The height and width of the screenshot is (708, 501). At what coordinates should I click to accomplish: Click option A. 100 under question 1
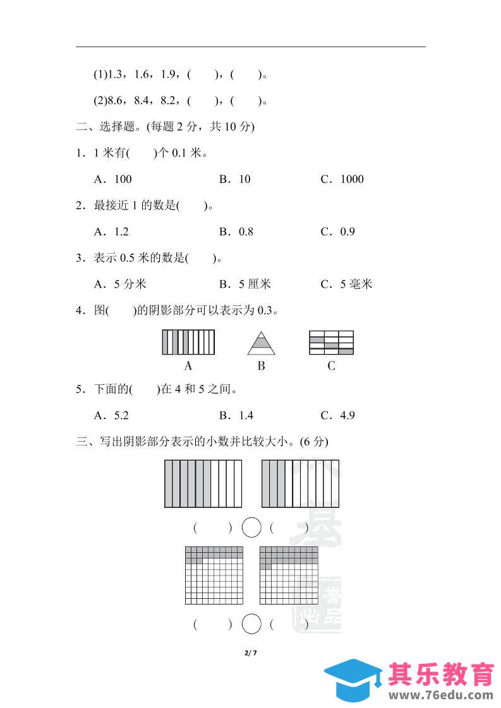click(113, 179)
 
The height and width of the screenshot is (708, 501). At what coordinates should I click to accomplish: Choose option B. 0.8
click(236, 232)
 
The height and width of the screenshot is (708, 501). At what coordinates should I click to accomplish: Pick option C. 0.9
click(338, 232)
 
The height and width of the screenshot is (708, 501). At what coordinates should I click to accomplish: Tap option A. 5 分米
click(120, 284)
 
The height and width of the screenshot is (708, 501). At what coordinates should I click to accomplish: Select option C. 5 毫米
click(347, 284)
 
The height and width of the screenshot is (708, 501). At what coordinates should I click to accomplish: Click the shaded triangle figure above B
click(261, 343)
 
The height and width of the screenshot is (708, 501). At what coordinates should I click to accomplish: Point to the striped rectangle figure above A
click(188, 343)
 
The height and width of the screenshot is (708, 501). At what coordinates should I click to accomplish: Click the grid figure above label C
click(331, 343)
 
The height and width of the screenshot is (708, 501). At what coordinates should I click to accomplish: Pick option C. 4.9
click(338, 415)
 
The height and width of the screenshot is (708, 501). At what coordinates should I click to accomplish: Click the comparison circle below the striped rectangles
click(251, 527)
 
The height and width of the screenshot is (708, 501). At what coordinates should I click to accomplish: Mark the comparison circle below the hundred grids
click(251, 624)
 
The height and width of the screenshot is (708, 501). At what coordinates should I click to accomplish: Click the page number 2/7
click(251, 652)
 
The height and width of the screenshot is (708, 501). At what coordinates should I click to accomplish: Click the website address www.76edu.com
click(440, 695)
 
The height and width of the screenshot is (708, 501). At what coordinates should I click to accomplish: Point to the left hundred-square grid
click(214, 575)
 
